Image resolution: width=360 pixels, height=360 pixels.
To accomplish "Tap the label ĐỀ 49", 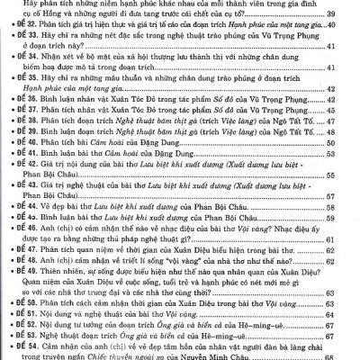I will tap(27, 304).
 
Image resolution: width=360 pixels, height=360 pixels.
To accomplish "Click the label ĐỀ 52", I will tap(27, 342).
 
